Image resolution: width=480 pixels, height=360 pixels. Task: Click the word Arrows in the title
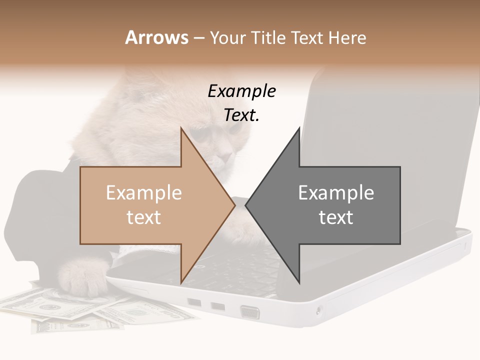click(x=157, y=37)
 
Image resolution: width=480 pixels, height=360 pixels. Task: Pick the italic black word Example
click(x=241, y=91)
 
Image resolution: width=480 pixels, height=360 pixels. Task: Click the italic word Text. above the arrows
click(x=241, y=115)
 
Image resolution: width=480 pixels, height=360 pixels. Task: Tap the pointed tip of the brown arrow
click(x=234, y=204)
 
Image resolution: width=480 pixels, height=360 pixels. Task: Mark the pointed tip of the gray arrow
click(x=246, y=204)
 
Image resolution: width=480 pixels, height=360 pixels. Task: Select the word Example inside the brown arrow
click(x=144, y=193)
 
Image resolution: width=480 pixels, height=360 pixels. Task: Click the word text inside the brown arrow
click(x=144, y=217)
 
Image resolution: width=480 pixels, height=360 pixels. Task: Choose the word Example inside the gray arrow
click(x=336, y=193)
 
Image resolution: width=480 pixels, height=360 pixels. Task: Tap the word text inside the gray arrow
click(x=336, y=217)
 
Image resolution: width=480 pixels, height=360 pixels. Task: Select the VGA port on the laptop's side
click(x=250, y=312)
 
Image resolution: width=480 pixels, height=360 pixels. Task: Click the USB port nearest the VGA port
click(x=217, y=306)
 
